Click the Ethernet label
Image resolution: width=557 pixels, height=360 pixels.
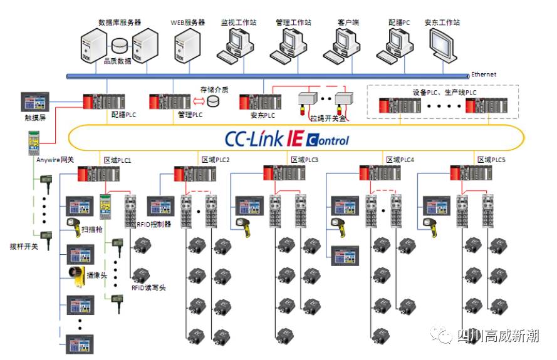click(484, 75)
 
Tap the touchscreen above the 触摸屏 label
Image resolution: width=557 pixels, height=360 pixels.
click(34, 101)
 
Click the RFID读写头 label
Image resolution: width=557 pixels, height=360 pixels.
click(148, 289)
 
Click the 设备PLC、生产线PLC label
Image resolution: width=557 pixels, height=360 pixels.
click(444, 92)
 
